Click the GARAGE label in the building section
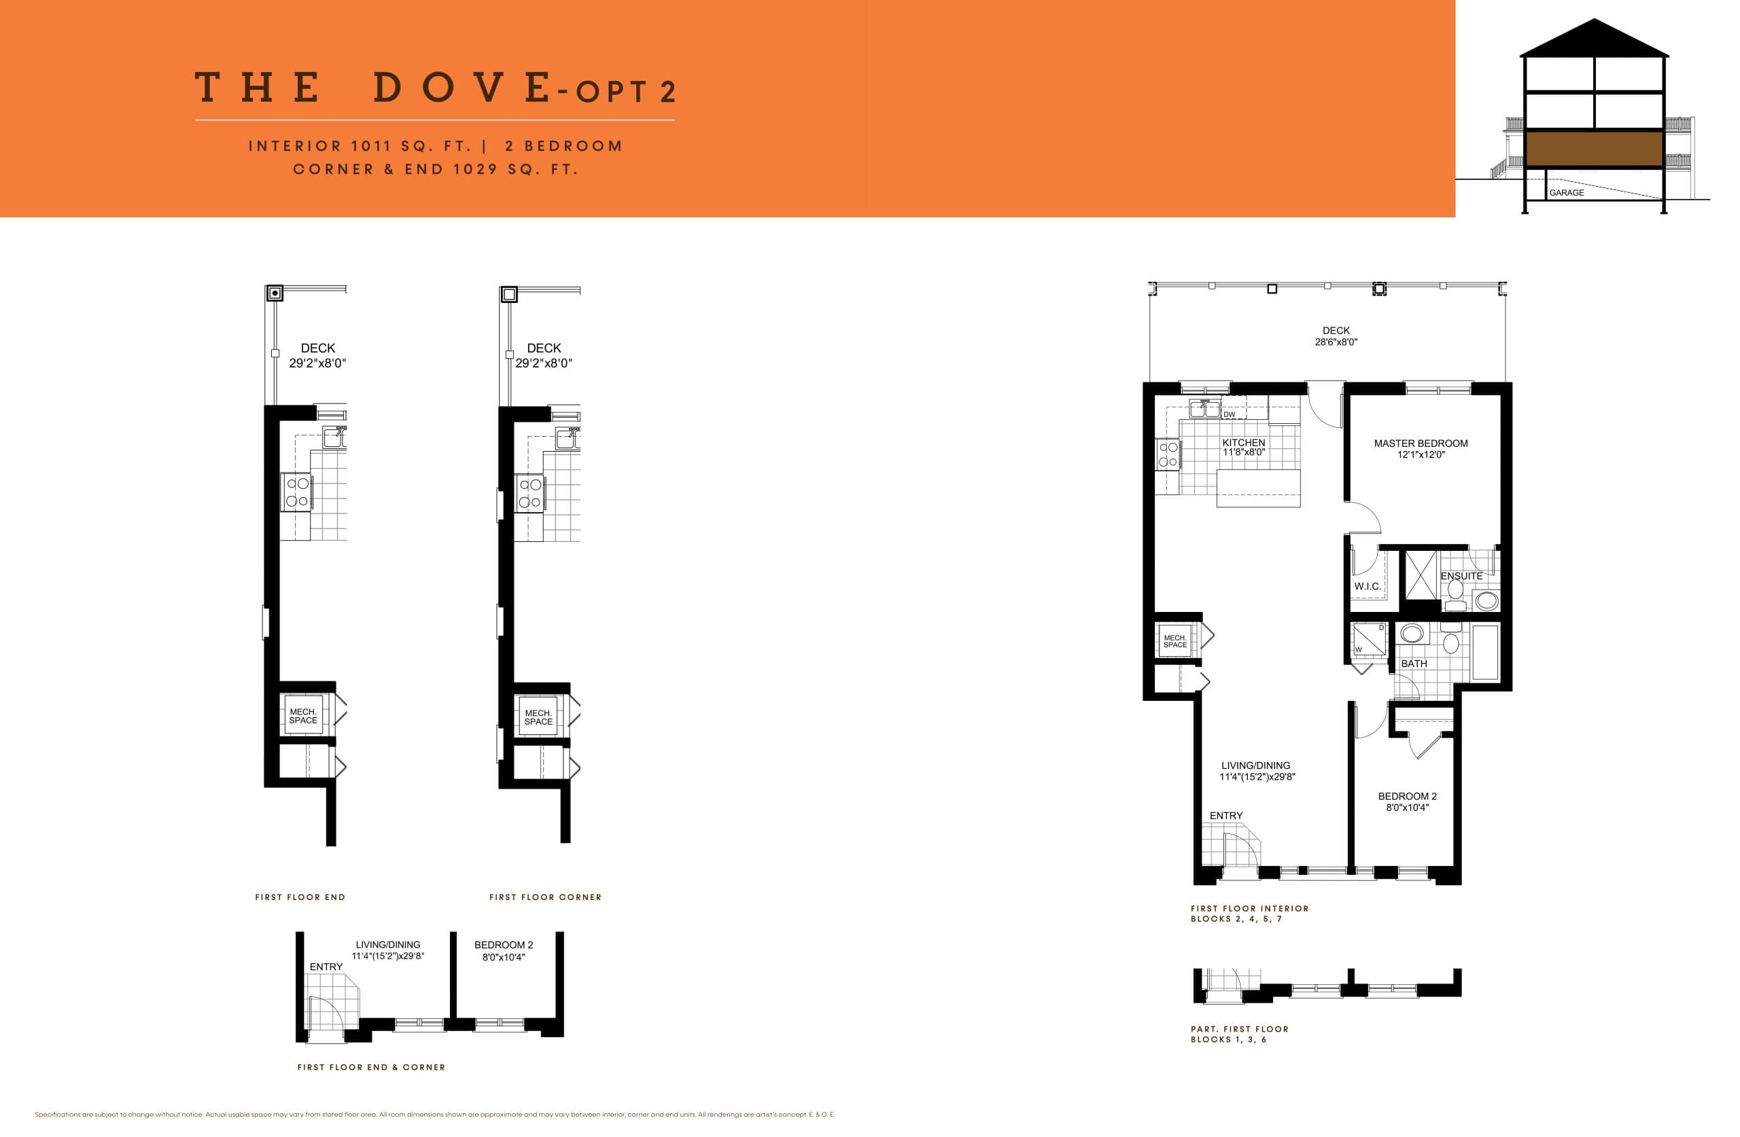(x=1566, y=193)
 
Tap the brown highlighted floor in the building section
(x=1594, y=149)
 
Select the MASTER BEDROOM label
(x=1420, y=444)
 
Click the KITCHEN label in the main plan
(x=1243, y=443)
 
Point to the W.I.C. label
(x=1367, y=587)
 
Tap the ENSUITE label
(x=1461, y=577)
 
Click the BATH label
(x=1413, y=664)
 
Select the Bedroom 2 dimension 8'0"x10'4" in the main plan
(x=1407, y=808)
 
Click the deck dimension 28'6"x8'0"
(x=1336, y=342)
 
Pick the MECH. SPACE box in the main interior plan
(x=1175, y=642)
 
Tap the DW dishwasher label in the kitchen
(x=1229, y=415)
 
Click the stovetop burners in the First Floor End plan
(x=297, y=492)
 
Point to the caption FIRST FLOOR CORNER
(x=544, y=897)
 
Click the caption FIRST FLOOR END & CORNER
(x=370, y=1068)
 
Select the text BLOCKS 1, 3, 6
(x=1228, y=1040)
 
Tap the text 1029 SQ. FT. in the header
(x=515, y=170)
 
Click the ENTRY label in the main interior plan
(x=1225, y=816)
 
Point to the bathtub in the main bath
(x=1484, y=653)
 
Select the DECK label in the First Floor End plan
(x=318, y=348)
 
